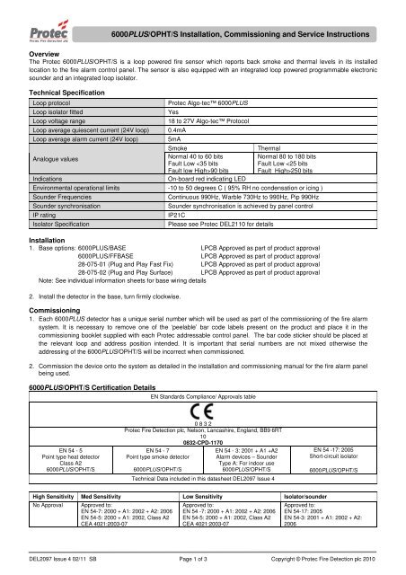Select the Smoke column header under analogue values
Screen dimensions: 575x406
[x=179, y=147]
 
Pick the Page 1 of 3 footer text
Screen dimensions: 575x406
[x=203, y=560]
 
